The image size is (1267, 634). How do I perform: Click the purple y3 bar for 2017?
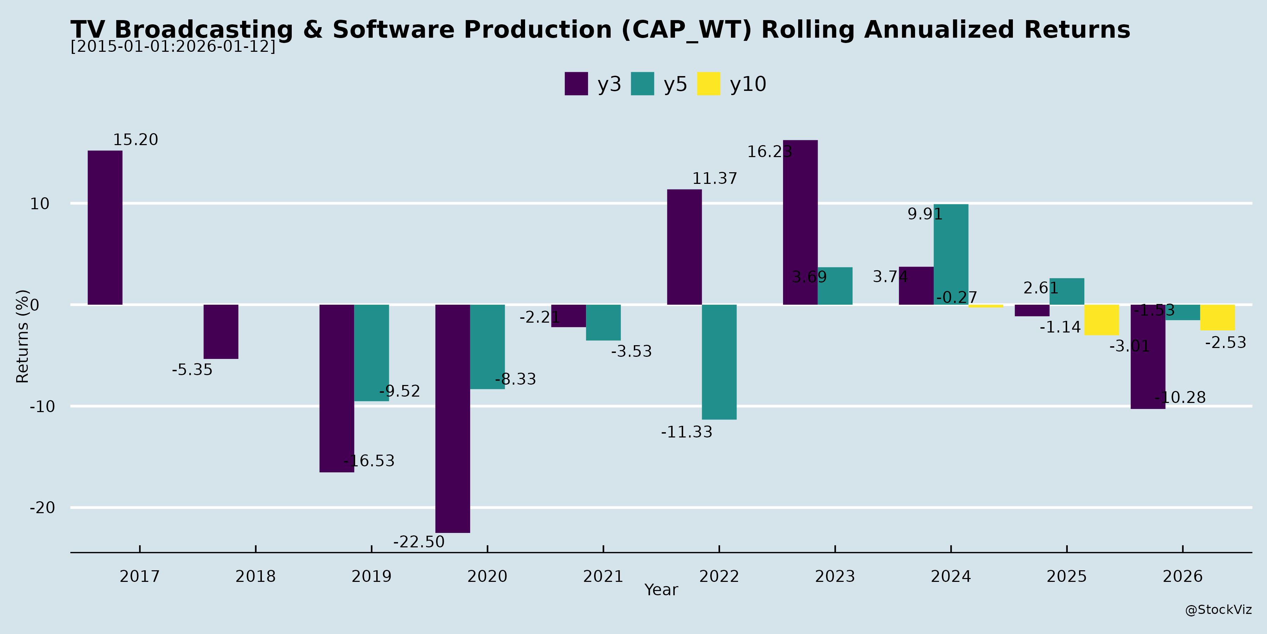click(x=105, y=228)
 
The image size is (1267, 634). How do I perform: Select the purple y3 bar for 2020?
click(x=453, y=418)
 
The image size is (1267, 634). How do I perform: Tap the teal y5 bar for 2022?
click(x=719, y=362)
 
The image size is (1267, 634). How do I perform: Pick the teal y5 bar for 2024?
click(x=951, y=255)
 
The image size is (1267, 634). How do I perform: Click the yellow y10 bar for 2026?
click(x=1217, y=317)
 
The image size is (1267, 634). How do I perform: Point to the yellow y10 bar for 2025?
click(x=1101, y=320)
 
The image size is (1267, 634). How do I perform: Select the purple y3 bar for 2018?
click(x=221, y=331)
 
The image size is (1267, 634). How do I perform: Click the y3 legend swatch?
click(x=576, y=84)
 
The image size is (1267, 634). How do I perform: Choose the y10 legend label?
click(x=748, y=84)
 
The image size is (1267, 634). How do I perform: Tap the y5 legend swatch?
click(x=642, y=84)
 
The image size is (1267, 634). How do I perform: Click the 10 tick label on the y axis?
click(x=40, y=203)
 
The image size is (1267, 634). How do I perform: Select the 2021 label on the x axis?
click(x=603, y=576)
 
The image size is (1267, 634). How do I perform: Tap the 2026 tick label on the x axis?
click(x=1183, y=576)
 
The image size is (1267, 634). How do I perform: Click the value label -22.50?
click(x=418, y=542)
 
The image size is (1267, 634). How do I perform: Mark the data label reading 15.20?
click(x=136, y=140)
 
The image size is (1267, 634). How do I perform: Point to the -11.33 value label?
click(x=686, y=432)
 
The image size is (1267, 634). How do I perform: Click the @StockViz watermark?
click(x=1218, y=610)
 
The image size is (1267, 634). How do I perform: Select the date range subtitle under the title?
click(x=173, y=46)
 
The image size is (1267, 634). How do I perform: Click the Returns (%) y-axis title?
click(x=22, y=336)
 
